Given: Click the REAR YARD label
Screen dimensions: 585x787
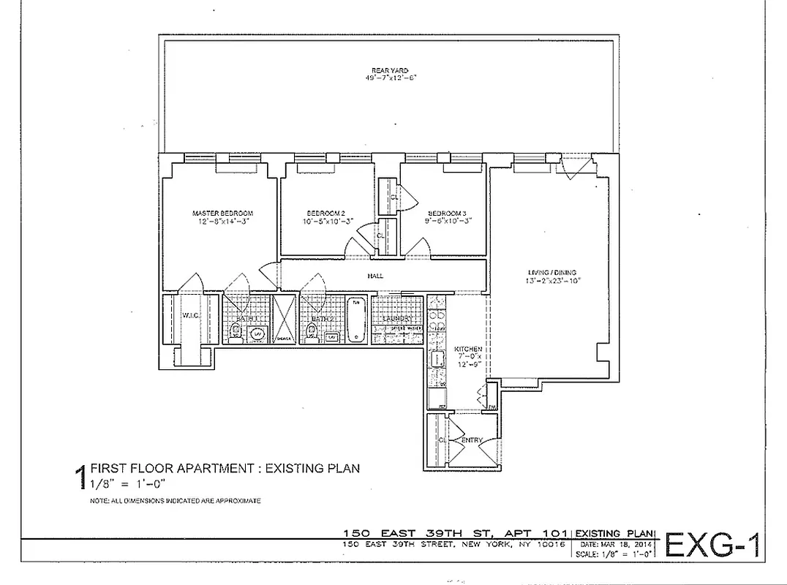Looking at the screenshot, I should tap(394, 70).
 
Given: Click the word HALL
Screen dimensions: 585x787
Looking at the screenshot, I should tap(375, 276).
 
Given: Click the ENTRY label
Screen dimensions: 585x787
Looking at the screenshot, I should tap(472, 439).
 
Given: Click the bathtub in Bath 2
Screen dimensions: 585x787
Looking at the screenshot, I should tap(356, 320).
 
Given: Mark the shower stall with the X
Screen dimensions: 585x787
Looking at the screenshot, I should tap(282, 319).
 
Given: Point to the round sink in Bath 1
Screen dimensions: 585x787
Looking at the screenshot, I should tap(257, 334).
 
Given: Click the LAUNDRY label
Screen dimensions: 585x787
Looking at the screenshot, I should tap(397, 320).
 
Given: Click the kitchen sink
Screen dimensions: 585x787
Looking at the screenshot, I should tap(437, 358).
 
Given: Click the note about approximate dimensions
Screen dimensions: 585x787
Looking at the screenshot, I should tap(175, 501).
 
